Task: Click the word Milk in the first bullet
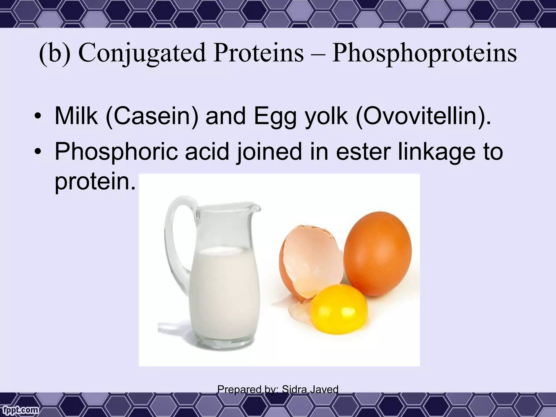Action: tap(76, 116)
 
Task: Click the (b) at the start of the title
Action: tap(54, 53)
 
